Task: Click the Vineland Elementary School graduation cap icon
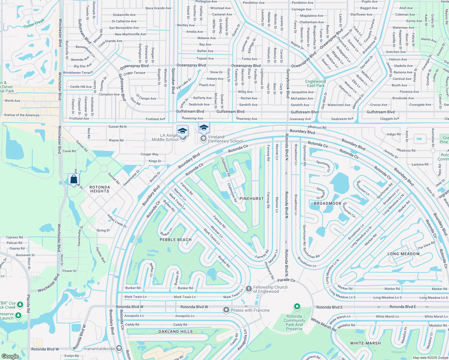click(x=204, y=128)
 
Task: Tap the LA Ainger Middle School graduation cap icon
click(x=182, y=131)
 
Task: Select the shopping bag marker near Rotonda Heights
click(x=74, y=179)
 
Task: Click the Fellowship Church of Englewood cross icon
click(x=249, y=289)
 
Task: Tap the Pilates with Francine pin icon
click(x=226, y=310)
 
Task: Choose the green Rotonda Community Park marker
click(x=297, y=307)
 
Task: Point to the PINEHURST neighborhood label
click(x=252, y=199)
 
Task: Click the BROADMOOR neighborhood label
click(x=327, y=203)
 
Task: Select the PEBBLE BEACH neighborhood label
click(x=176, y=240)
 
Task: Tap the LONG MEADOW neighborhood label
click(x=403, y=254)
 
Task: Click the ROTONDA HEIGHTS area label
click(x=100, y=189)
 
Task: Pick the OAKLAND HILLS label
click(x=176, y=331)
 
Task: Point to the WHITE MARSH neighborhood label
click(x=365, y=343)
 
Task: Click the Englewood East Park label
click(x=315, y=83)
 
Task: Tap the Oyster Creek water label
click(x=34, y=23)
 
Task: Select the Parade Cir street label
click(x=286, y=280)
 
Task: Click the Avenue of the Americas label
click(x=22, y=115)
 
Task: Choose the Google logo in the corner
click(x=10, y=356)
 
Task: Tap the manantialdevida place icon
click(x=119, y=348)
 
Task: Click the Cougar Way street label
click(x=149, y=154)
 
